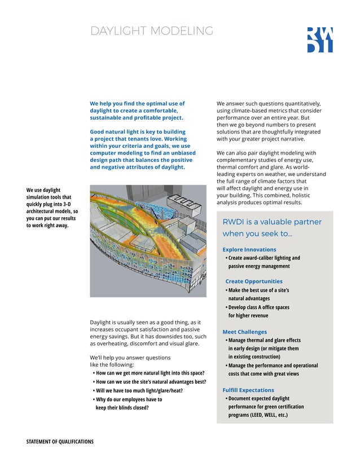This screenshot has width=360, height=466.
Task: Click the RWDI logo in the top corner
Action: [x=319, y=39]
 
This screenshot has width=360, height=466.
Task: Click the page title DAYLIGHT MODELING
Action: [x=151, y=31]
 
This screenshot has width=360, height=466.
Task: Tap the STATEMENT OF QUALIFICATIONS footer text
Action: [x=60, y=441]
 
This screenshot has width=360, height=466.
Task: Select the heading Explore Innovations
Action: [x=249, y=249]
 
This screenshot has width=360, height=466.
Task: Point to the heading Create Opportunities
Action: [x=254, y=281]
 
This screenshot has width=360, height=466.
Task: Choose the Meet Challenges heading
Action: [x=244, y=332]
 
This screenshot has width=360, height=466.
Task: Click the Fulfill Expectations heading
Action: [x=248, y=390]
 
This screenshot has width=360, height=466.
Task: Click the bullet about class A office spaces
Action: [x=258, y=311]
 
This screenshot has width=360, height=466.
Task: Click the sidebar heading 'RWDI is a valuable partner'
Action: [x=272, y=227]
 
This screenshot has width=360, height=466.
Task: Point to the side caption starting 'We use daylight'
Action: [x=51, y=208]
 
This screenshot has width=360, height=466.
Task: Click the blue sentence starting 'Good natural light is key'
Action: [x=143, y=150]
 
